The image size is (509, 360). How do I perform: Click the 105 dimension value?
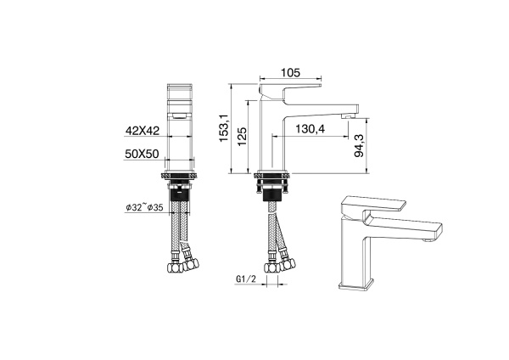tap(290, 73)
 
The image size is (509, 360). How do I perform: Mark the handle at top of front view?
tap(179, 91)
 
